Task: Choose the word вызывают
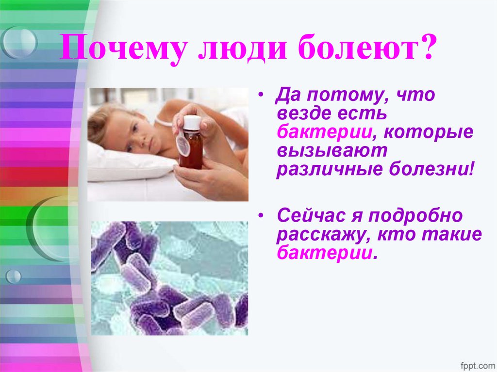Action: tap(332, 151)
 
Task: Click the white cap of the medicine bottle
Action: tap(191, 121)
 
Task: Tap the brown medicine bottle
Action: tap(191, 148)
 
